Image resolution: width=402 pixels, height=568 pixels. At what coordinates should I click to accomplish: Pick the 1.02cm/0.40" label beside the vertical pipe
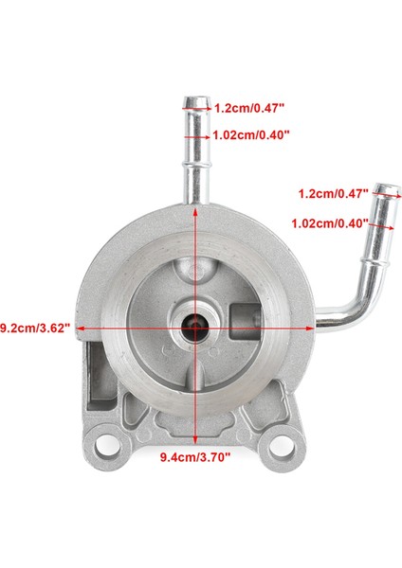[250, 135]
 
